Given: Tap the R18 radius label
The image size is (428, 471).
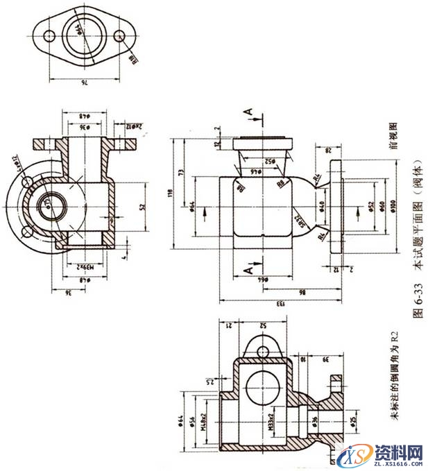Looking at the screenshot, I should click(132, 62).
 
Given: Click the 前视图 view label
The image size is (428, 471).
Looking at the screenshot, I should click(395, 137).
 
